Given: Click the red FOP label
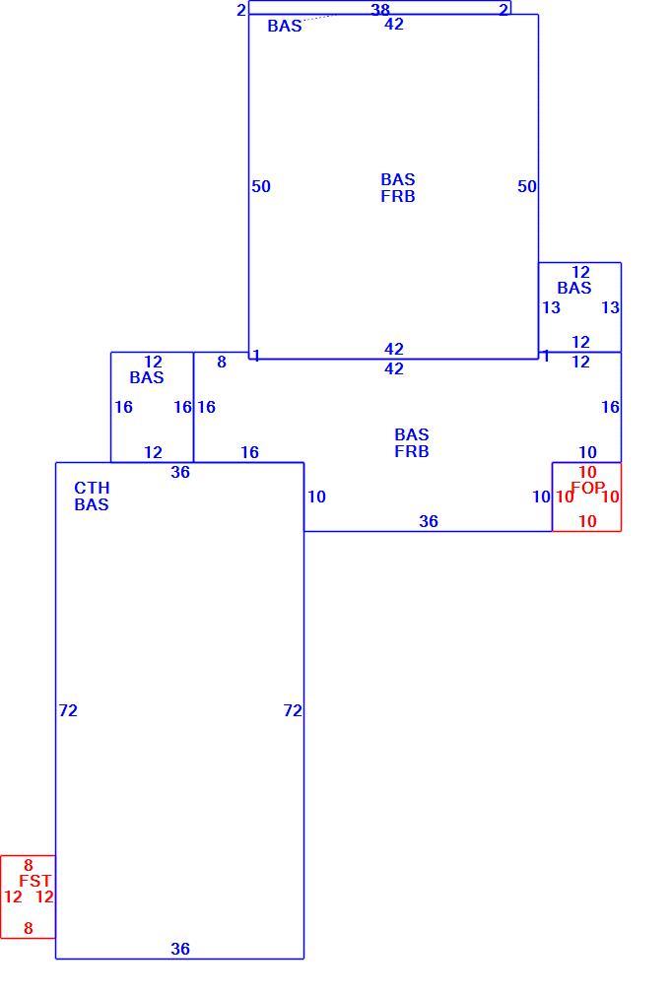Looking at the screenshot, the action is (x=587, y=488).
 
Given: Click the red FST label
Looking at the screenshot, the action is (x=34, y=881).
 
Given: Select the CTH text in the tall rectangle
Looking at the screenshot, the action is (x=92, y=488).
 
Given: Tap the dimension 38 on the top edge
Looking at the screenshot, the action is (x=380, y=10).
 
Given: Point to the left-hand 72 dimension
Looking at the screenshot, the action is (x=68, y=710).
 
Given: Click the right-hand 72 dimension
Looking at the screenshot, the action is (x=293, y=710).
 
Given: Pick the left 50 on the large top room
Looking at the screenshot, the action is (x=261, y=186).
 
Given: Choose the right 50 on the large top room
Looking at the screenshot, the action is (x=527, y=186).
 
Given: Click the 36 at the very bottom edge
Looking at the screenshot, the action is (x=180, y=949).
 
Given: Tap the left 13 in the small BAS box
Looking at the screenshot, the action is (x=551, y=307).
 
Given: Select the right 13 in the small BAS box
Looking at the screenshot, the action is (x=610, y=307).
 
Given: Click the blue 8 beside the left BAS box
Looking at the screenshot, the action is (x=222, y=362).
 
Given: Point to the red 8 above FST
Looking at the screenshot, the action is (x=28, y=865).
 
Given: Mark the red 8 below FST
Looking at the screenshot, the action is (x=28, y=928).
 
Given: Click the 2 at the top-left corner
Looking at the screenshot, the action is (x=241, y=10).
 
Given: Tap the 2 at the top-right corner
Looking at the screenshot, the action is (x=503, y=10).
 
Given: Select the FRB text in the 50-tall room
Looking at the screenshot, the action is (x=398, y=197).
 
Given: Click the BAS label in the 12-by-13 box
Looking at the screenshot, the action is (x=574, y=288).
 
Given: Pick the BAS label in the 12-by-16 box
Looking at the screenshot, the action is (x=147, y=377).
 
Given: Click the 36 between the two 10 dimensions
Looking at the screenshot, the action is (x=429, y=521).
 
